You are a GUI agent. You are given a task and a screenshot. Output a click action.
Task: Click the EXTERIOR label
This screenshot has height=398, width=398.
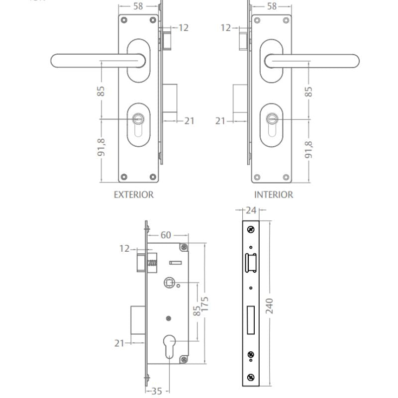133,195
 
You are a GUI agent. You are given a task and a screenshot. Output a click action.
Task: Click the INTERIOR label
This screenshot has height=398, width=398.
274,195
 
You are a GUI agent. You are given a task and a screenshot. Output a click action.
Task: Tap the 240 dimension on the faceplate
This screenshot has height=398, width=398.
269,306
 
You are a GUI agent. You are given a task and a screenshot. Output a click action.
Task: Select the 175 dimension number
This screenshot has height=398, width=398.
204,304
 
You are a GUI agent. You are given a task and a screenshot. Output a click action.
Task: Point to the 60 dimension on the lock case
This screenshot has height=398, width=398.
166,235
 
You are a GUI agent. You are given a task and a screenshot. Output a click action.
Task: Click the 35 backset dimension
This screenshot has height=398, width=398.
157,391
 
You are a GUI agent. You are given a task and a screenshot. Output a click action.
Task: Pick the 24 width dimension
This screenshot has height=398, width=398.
251,210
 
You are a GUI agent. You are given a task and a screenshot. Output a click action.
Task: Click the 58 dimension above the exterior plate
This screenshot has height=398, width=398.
138,6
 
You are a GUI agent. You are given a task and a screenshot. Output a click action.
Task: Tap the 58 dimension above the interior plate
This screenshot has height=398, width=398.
272,6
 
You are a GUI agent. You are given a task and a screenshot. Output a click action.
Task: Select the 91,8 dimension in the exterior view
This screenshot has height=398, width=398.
101,147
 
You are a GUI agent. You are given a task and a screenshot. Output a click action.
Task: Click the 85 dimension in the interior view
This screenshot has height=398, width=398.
308,92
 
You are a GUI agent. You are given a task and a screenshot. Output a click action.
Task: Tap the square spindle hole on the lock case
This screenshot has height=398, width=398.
169,283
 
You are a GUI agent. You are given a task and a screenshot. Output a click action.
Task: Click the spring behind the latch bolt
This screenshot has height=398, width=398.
152,263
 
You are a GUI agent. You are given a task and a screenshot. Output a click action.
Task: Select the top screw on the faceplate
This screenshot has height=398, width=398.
251,229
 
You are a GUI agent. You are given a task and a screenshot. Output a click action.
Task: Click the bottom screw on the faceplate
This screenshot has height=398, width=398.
251,377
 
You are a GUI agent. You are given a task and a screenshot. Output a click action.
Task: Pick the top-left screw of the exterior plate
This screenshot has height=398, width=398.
124,20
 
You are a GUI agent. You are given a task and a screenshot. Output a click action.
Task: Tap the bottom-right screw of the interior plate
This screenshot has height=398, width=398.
286,177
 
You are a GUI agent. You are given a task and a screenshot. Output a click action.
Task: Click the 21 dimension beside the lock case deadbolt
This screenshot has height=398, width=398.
119,343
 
